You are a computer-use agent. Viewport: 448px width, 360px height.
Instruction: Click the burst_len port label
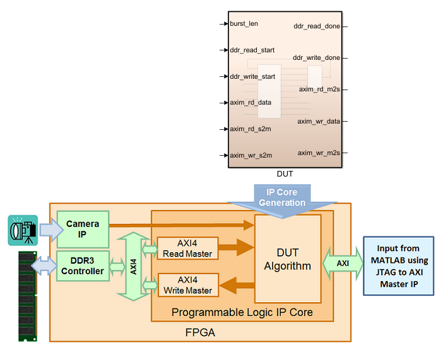click(x=244, y=23)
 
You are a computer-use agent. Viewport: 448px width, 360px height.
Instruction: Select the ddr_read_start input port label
click(x=252, y=50)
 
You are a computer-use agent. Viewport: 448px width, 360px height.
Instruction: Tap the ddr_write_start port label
click(x=252, y=76)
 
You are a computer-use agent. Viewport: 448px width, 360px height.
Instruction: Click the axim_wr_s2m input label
click(x=251, y=155)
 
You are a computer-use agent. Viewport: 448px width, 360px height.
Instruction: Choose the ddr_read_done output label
click(x=317, y=26)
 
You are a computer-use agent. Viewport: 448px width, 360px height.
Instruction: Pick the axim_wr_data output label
click(x=319, y=121)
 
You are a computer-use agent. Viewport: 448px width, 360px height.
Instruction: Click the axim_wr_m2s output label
click(x=319, y=153)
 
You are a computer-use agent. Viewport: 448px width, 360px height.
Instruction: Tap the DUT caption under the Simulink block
click(x=285, y=173)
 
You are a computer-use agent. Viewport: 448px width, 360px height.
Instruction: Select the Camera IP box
click(x=83, y=228)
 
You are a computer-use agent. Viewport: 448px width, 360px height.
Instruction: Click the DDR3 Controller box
click(x=83, y=267)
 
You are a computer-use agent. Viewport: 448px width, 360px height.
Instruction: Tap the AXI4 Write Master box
click(x=187, y=286)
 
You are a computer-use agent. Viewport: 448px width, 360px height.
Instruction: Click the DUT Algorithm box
click(x=288, y=258)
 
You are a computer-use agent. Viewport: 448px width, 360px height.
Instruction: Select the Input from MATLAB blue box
click(x=399, y=266)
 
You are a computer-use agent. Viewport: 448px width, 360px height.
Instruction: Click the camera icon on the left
click(x=23, y=230)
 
